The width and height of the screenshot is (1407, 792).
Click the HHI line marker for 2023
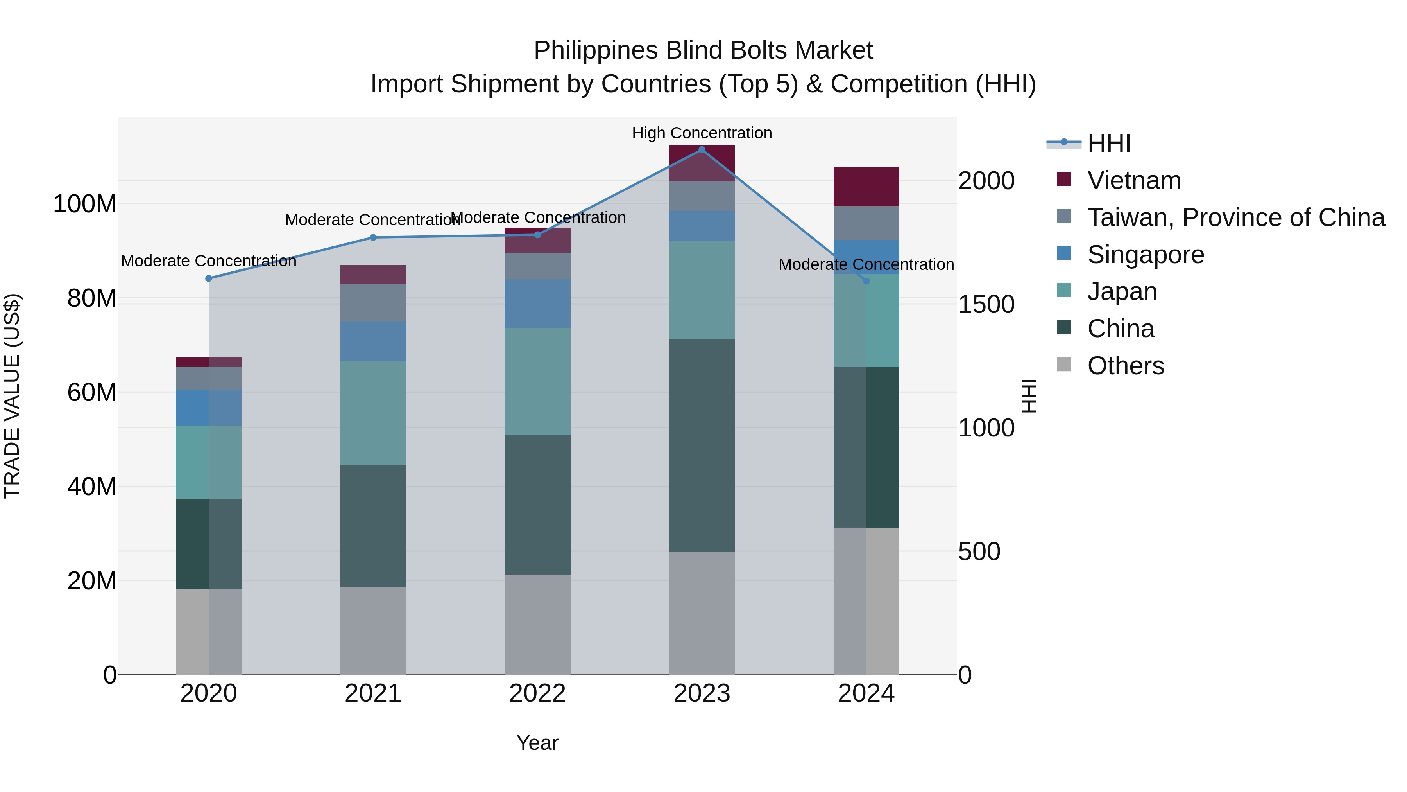tap(702, 150)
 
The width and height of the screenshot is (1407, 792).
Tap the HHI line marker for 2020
tap(209, 278)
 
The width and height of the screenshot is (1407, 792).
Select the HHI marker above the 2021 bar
tap(373, 237)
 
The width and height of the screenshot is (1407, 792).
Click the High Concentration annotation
tap(702, 133)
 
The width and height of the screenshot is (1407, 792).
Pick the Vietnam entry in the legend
tap(1133, 180)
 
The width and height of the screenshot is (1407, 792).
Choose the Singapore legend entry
tap(1146, 255)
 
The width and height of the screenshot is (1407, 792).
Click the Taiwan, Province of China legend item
tap(1235, 217)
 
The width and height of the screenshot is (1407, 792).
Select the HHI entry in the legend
tap(1108, 143)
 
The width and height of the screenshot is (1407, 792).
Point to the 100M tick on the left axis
tap(85, 204)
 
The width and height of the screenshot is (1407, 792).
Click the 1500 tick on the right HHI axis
tap(986, 304)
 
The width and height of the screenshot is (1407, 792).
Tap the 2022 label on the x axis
tap(537, 693)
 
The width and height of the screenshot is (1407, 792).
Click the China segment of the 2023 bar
tap(702, 445)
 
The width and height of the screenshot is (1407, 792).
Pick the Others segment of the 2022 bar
tap(537, 624)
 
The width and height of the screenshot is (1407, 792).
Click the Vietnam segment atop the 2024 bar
tap(866, 187)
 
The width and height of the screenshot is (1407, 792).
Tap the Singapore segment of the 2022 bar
tap(537, 304)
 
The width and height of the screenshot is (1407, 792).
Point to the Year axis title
tap(537, 743)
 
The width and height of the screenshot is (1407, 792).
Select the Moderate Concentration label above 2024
tap(866, 264)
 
